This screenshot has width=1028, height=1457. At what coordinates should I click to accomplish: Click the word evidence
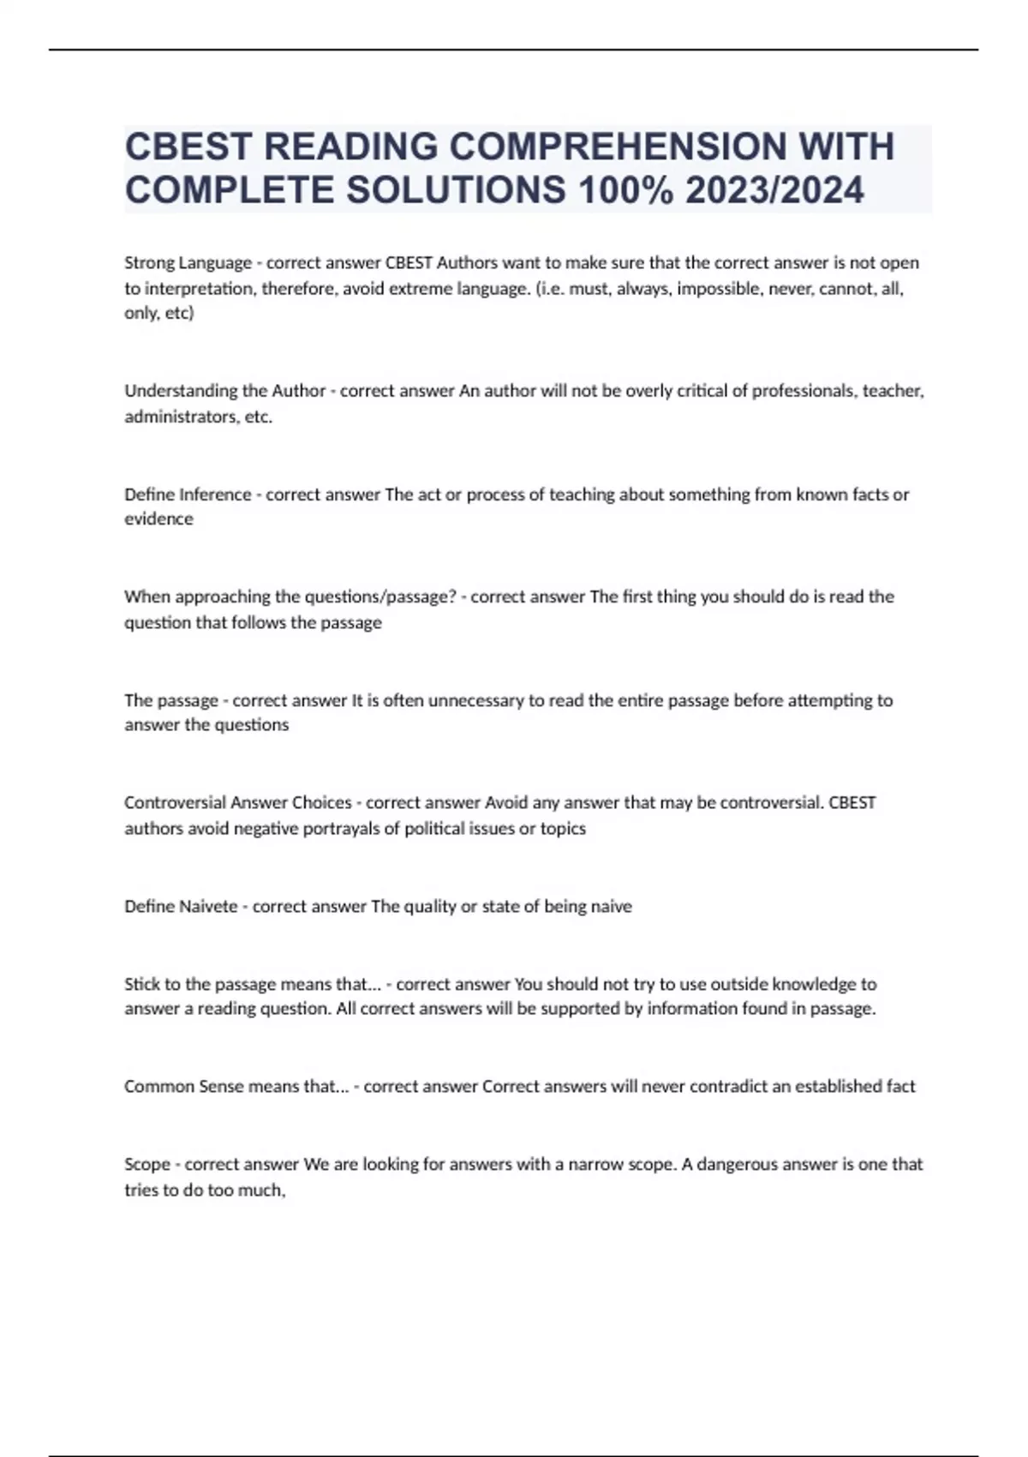(158, 519)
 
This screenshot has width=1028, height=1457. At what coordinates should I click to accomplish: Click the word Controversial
(164, 803)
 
